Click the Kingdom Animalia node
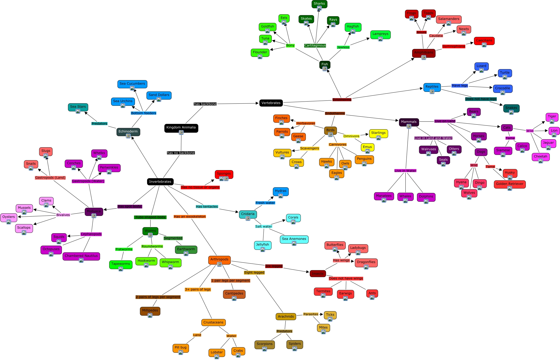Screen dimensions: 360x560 (x=181, y=127)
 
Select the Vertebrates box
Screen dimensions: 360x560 (x=271, y=103)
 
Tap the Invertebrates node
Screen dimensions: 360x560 (x=160, y=182)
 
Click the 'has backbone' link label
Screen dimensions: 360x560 (x=205, y=104)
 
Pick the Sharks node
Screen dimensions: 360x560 (x=319, y=3)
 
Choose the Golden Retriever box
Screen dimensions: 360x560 (x=509, y=184)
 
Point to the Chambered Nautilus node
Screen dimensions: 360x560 (x=81, y=256)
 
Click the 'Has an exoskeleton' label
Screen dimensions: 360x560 (x=190, y=217)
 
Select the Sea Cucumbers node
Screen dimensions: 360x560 (x=132, y=84)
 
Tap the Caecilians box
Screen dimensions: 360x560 (x=484, y=40)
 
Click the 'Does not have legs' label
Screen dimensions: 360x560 (x=481, y=99)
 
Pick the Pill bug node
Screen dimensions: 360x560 (x=180, y=347)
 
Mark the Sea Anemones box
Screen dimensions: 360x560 (x=294, y=239)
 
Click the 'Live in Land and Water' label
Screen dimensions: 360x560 (x=433, y=138)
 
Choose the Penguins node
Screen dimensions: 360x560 (x=364, y=159)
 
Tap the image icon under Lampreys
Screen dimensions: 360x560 (x=380, y=39)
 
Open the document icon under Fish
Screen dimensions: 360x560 (x=325, y=69)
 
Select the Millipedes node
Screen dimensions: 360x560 (x=150, y=310)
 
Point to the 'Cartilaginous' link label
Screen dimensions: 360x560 (x=315, y=45)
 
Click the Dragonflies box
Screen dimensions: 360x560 (x=366, y=262)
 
